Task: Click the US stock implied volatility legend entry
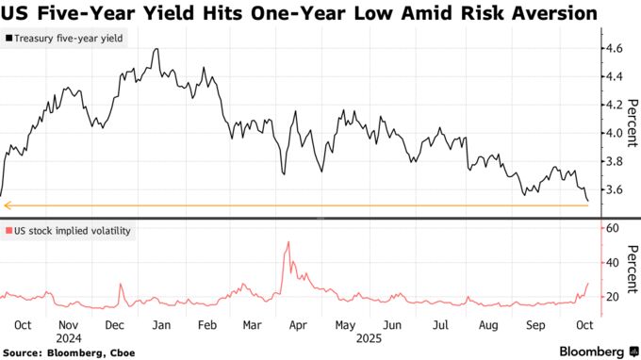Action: pos(71,230)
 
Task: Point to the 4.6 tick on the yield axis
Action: pos(614,47)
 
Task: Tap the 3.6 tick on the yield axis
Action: pos(614,190)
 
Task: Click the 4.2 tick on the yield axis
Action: pos(614,105)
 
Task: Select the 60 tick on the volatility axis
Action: pos(612,228)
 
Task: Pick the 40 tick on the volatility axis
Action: pos(612,263)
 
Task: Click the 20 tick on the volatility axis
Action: pos(612,297)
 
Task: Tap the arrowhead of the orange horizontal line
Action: pos(7,205)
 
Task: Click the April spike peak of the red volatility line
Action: pos(288,243)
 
